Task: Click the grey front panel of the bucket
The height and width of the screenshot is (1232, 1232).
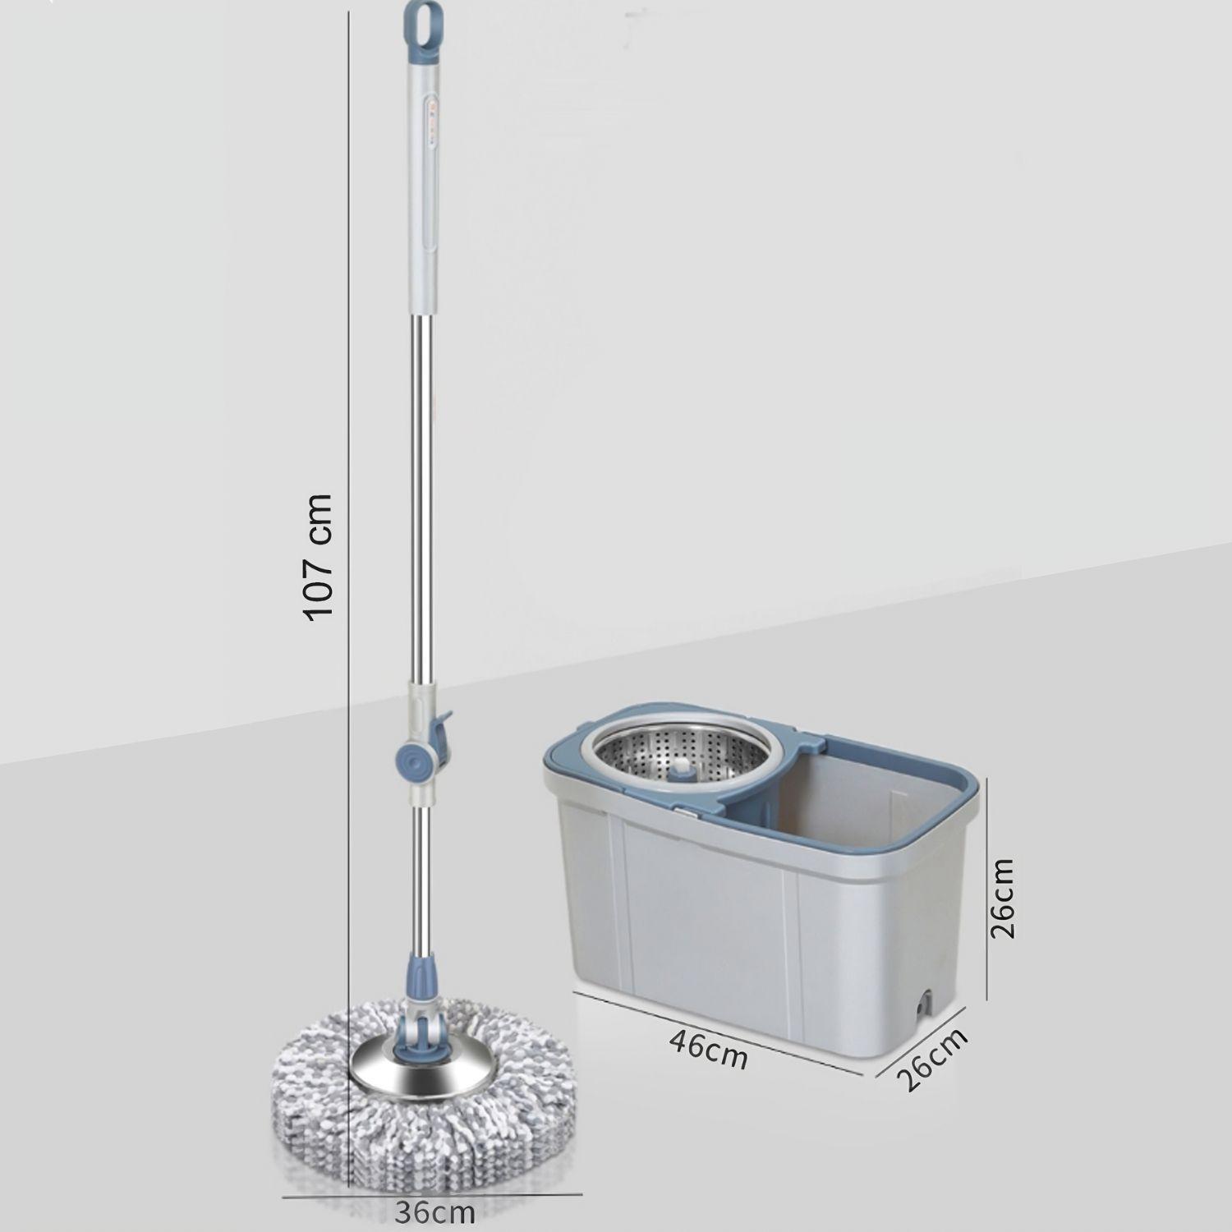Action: coord(706,903)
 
